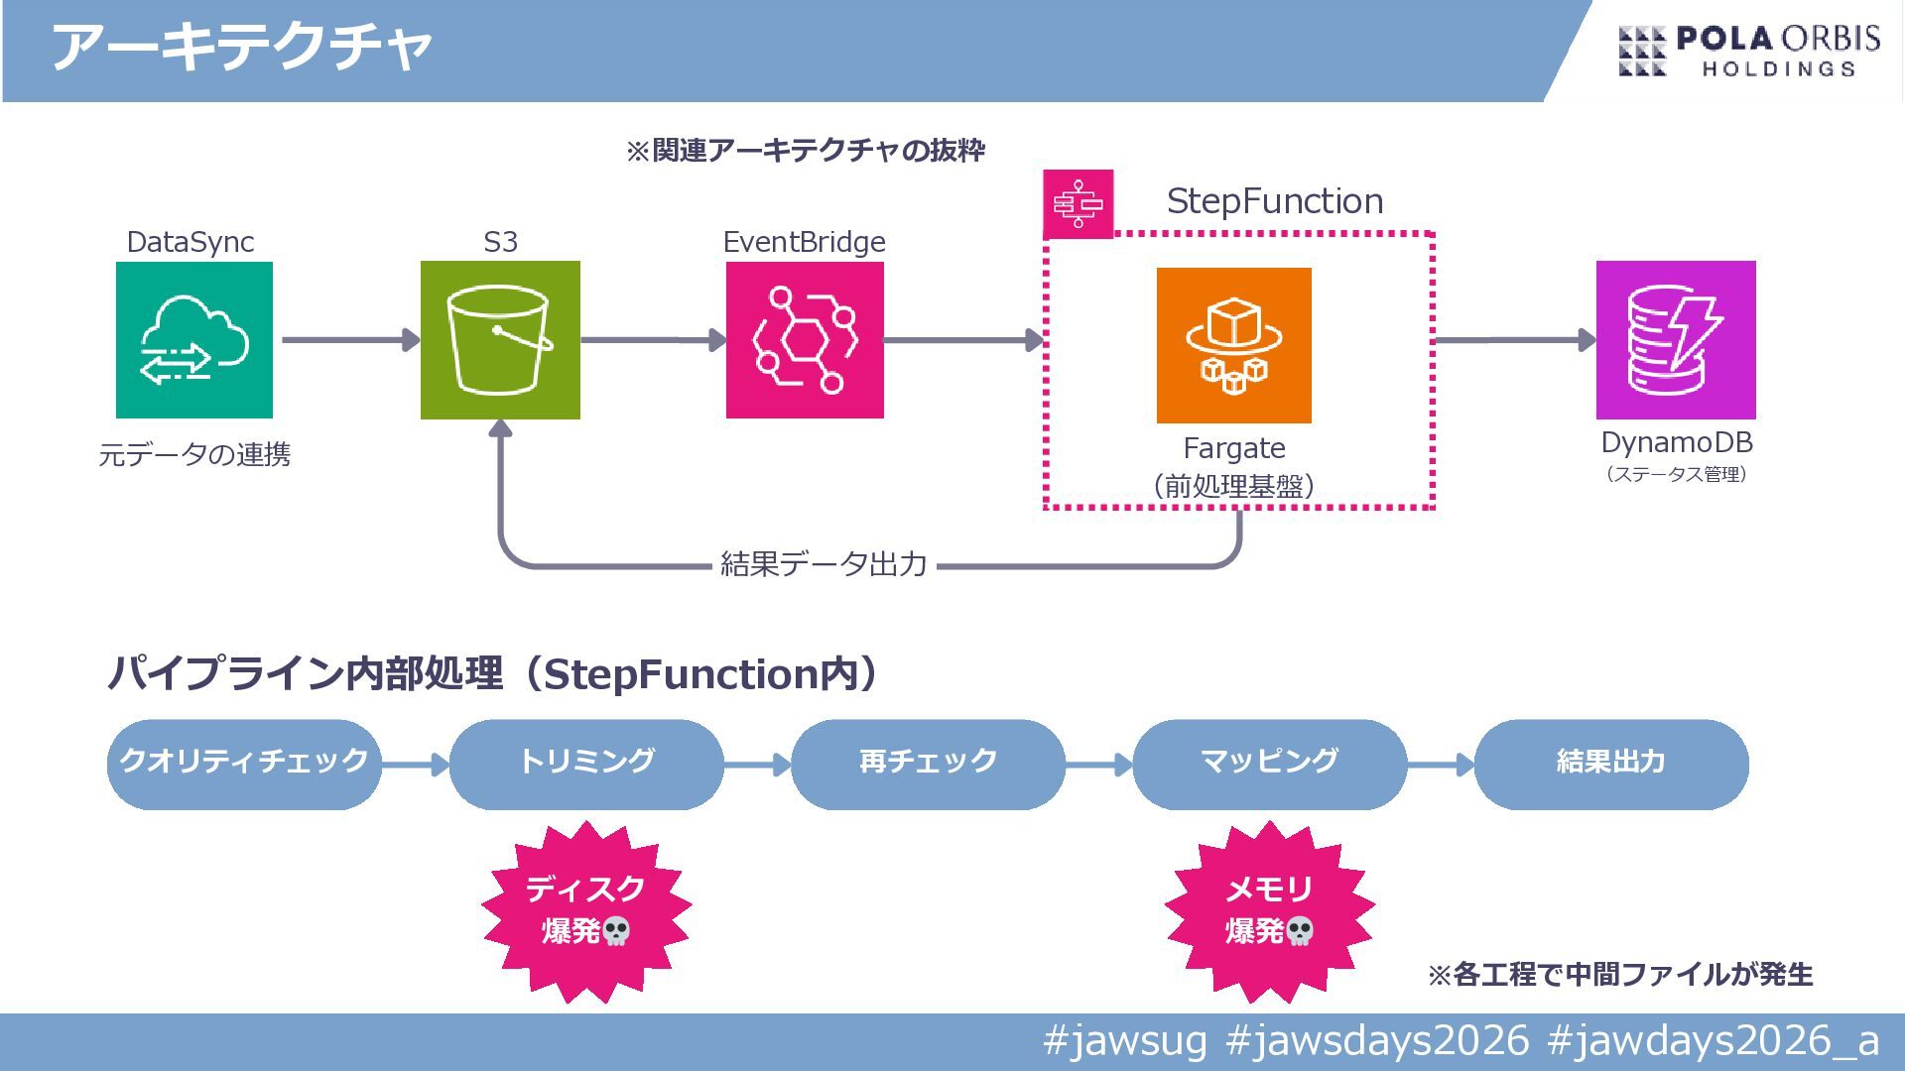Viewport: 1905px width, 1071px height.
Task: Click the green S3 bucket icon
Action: pyautogui.click(x=500, y=340)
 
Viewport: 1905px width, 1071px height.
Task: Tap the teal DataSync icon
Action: pyautogui.click(x=194, y=340)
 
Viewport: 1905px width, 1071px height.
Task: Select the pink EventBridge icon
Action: pyautogui.click(x=805, y=340)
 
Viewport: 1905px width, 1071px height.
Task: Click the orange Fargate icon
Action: pyautogui.click(x=1233, y=345)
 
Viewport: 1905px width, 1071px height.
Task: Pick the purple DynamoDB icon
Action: pyautogui.click(x=1676, y=340)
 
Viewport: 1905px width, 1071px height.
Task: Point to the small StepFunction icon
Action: pyautogui.click(x=1079, y=204)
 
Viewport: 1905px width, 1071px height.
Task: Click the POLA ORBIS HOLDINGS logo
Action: pyautogui.click(x=1748, y=52)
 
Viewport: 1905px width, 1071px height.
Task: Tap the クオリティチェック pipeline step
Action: pyautogui.click(x=244, y=764)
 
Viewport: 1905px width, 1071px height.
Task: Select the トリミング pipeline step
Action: pyautogui.click(x=586, y=764)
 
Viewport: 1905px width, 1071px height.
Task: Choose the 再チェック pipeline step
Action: pyautogui.click(x=928, y=764)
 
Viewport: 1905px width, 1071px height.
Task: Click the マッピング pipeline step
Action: pyautogui.click(x=1269, y=764)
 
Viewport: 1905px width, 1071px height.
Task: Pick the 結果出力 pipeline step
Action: pyautogui.click(x=1611, y=764)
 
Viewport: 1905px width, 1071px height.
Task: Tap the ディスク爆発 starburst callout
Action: pyautogui.click(x=586, y=910)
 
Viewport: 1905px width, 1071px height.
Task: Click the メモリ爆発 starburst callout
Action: pyautogui.click(x=1269, y=910)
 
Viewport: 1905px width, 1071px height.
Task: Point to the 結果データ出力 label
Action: pyautogui.click(x=824, y=564)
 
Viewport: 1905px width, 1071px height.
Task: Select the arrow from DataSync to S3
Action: pyautogui.click(x=349, y=340)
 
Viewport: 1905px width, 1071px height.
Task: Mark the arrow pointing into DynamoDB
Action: pyautogui.click(x=1515, y=340)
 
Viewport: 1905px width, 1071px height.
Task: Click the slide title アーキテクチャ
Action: pyautogui.click(x=242, y=48)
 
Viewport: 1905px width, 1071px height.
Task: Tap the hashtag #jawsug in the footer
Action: pyautogui.click(x=1125, y=1040)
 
